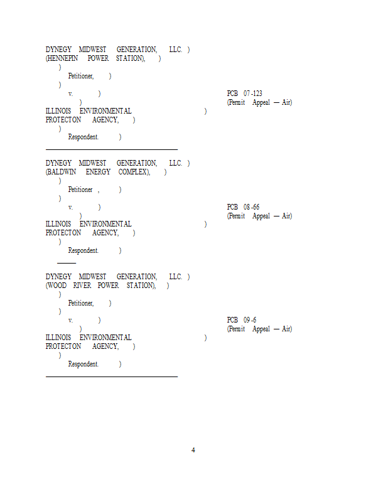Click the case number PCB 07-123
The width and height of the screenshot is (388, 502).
pos(244,93)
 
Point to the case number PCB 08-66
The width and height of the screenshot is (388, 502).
pos(243,207)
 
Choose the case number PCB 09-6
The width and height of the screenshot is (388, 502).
pos(241,320)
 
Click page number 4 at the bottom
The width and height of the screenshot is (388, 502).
pos(193,450)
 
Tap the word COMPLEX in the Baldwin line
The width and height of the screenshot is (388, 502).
pos(134,172)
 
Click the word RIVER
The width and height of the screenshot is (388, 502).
pos(82,286)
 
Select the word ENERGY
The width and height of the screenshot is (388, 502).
pos(98,172)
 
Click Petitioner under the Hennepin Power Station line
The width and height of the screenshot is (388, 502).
pos(81,76)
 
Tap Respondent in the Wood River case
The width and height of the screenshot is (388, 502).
pos(84,364)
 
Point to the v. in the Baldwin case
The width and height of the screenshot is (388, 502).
pos(70,207)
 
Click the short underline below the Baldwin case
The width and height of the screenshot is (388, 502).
pos(67,263)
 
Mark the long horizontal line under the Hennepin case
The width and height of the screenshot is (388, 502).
pos(112,149)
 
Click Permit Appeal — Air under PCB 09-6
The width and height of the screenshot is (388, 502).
pos(259,329)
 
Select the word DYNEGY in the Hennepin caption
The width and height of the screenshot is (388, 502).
pos(58,50)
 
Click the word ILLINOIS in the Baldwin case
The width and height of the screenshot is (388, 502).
pos(58,224)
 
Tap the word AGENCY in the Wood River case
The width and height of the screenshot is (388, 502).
pos(105,346)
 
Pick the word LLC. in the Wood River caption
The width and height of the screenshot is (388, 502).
pos(175,277)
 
